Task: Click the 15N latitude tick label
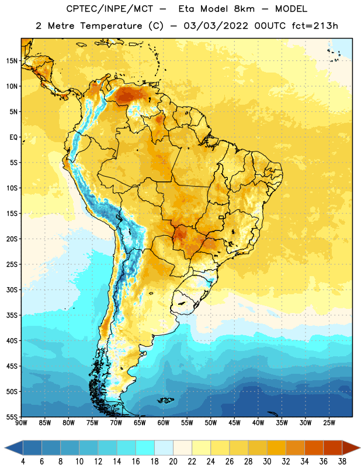point(12,61)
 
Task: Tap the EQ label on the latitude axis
point(13,137)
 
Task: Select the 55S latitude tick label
point(12,417)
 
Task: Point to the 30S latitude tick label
point(12,290)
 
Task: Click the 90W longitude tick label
point(21,423)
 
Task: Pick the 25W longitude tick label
point(329,423)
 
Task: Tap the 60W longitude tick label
point(164,423)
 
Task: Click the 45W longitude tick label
point(234,423)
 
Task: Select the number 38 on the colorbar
point(342,462)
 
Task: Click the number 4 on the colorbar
point(23,462)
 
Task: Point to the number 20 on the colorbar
point(173,462)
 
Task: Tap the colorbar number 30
point(267,462)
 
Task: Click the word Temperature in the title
point(111,26)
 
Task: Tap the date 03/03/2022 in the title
point(216,26)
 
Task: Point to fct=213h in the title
point(315,26)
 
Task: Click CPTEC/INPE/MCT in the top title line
point(110,9)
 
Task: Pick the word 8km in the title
point(244,9)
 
